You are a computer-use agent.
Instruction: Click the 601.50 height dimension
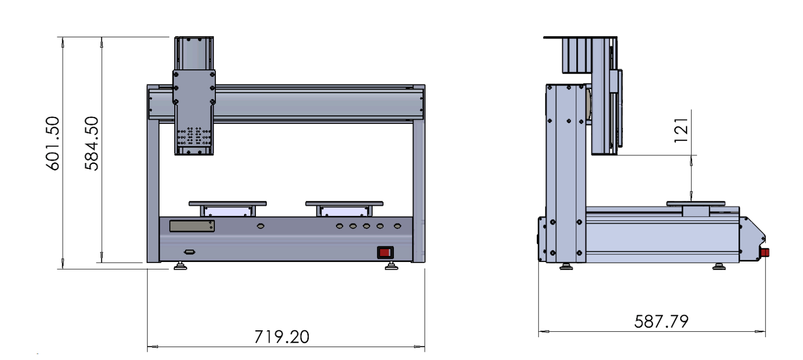click(53, 143)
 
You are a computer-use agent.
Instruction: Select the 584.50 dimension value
click(92, 143)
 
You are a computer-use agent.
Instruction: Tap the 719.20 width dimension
click(282, 337)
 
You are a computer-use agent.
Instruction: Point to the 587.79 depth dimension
click(661, 321)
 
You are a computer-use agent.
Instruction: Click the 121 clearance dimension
click(681, 130)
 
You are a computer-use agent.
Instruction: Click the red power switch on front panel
click(385, 252)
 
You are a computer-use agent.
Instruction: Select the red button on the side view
click(765, 252)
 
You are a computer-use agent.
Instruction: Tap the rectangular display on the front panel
click(192, 226)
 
